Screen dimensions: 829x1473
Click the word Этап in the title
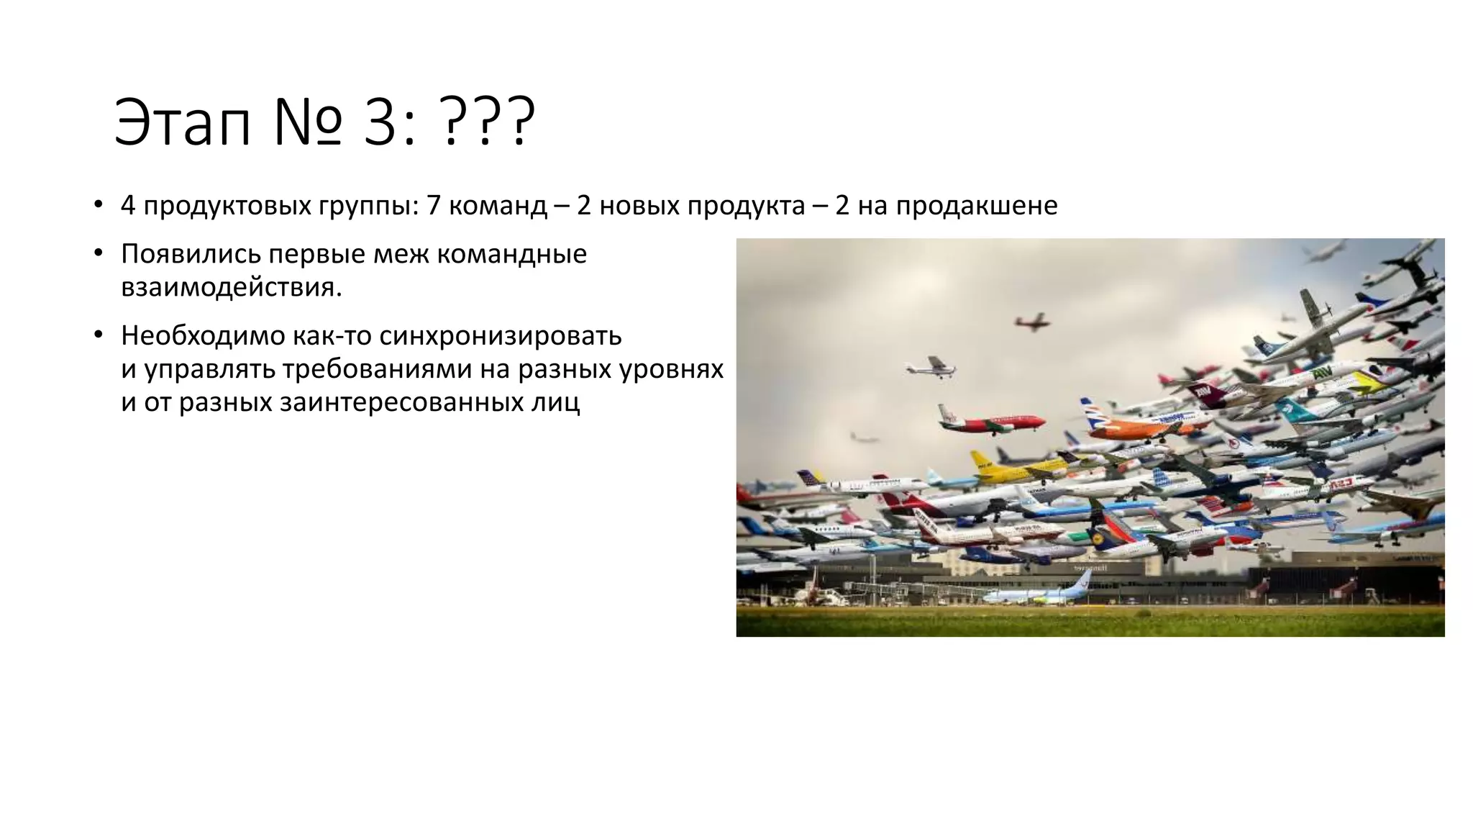tap(183, 123)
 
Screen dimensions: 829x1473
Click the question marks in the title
tap(489, 123)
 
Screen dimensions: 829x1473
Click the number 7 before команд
tap(433, 206)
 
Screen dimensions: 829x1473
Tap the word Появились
tap(189, 254)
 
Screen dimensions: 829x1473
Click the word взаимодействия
tap(231, 287)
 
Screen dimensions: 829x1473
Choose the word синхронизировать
tap(500, 335)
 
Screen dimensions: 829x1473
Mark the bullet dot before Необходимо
tap(99, 335)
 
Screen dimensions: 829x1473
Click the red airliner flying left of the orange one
tap(993, 422)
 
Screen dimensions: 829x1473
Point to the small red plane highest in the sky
tap(1032, 322)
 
